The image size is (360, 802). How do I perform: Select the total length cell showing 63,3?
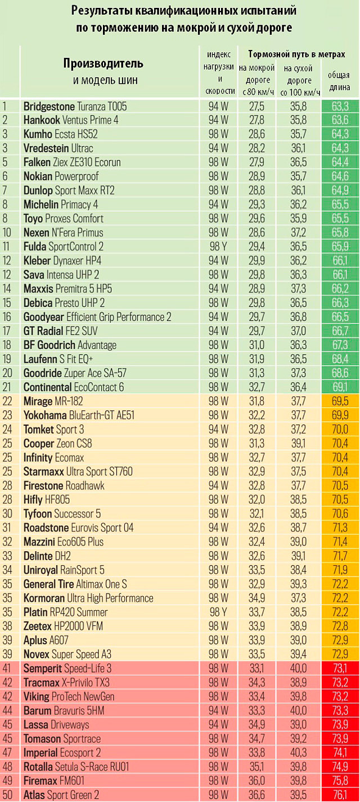(x=339, y=106)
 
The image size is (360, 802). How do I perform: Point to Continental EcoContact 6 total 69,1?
(x=339, y=387)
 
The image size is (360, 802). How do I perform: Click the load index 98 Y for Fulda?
(x=218, y=246)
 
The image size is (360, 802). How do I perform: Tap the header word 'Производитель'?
(x=103, y=63)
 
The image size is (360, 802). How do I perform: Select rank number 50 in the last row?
(x=7, y=795)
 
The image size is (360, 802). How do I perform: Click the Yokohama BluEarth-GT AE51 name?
(x=79, y=415)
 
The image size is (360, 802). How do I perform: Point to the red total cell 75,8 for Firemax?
(x=339, y=781)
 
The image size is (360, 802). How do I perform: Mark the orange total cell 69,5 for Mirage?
(x=339, y=401)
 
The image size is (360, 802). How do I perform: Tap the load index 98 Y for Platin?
(x=218, y=612)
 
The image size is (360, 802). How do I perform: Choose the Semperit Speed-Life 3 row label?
(x=67, y=668)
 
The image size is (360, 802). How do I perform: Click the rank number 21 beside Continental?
(x=7, y=387)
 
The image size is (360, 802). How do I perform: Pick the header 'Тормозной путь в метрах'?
(x=297, y=54)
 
